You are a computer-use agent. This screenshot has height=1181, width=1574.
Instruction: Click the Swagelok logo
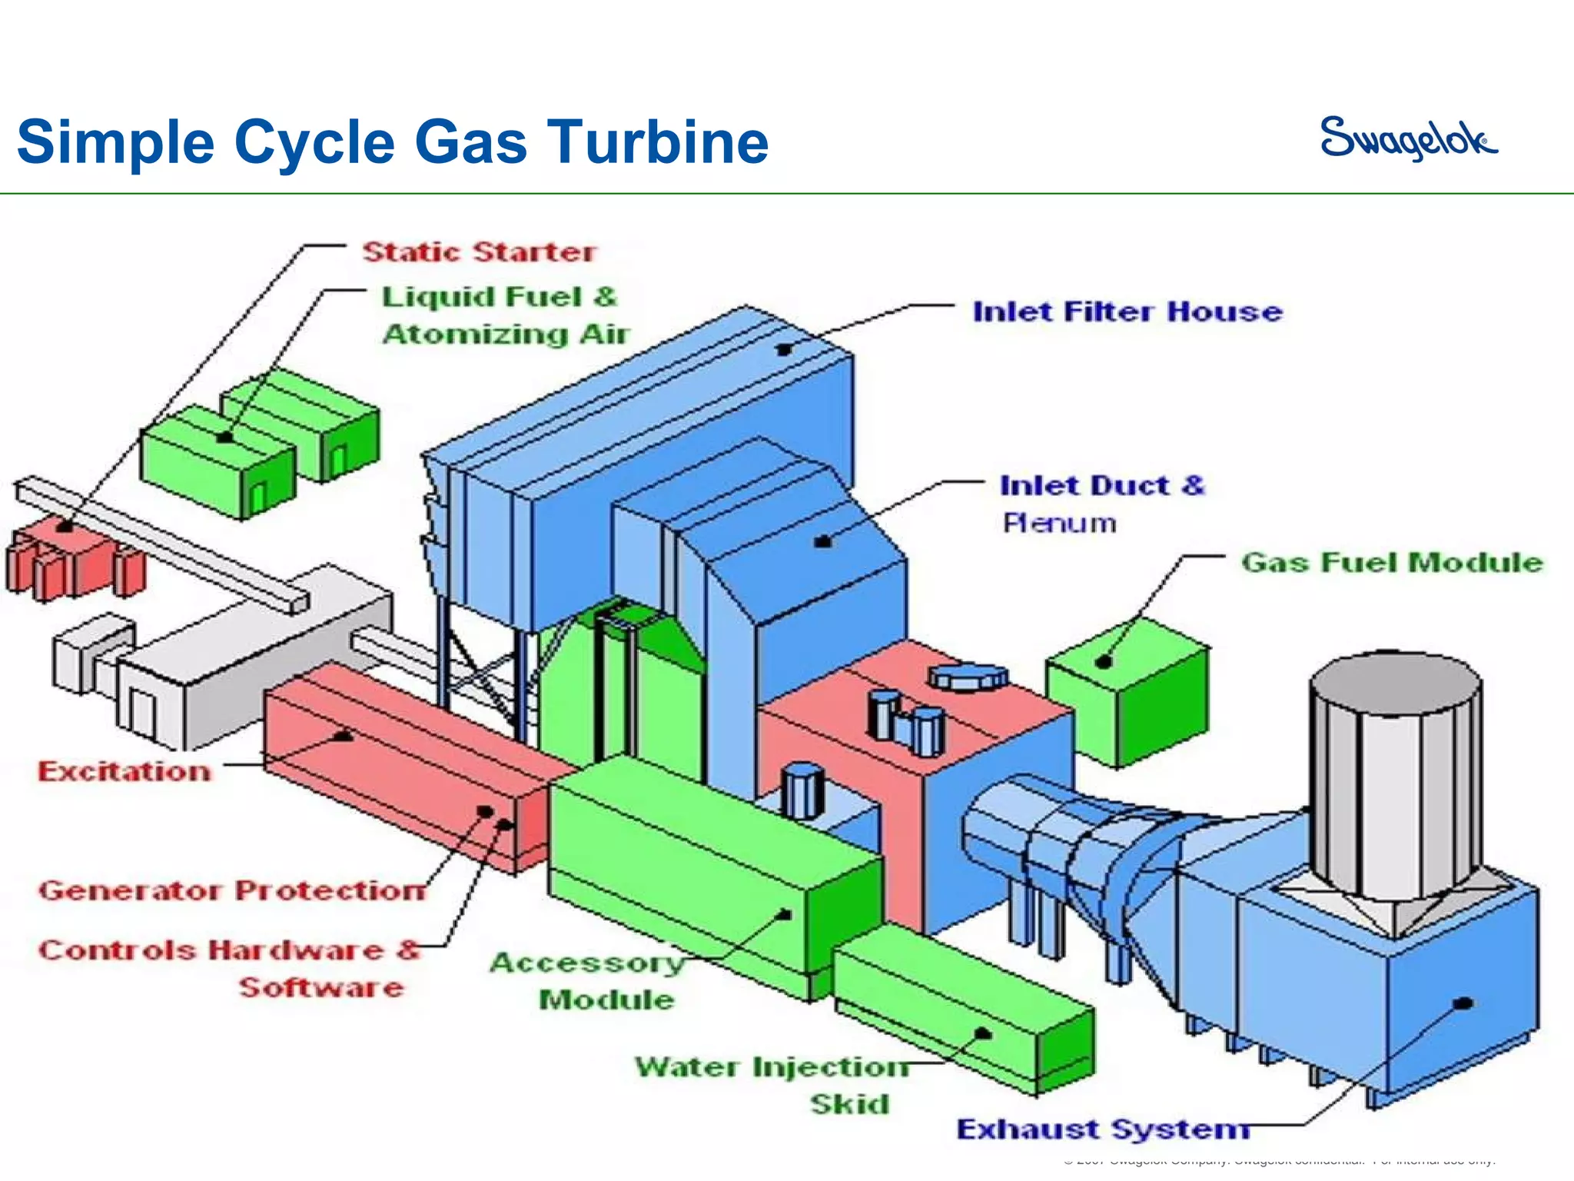click(x=1409, y=138)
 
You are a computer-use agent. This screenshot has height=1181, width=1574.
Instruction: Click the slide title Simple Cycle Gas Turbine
click(x=393, y=142)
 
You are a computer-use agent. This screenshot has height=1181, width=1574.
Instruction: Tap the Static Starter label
click(x=479, y=252)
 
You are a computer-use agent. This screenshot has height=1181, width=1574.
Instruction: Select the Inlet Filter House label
click(x=1127, y=312)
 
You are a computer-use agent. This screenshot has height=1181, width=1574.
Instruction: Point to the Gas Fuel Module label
click(x=1392, y=563)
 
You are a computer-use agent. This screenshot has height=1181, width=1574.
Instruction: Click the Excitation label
click(x=125, y=772)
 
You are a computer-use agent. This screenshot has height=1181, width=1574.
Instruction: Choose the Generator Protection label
click(x=231, y=891)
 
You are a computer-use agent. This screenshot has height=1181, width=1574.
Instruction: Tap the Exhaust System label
click(x=1102, y=1129)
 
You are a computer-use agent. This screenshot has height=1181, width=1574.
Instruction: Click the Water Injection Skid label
click(x=772, y=1085)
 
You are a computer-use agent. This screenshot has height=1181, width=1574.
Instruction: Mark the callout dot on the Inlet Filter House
click(x=784, y=350)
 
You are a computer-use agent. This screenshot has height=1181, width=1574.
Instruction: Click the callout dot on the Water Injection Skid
click(x=983, y=1034)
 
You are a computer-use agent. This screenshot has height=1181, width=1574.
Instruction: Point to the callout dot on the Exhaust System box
click(x=1465, y=1003)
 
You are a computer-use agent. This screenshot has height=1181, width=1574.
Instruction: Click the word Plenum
click(x=1059, y=524)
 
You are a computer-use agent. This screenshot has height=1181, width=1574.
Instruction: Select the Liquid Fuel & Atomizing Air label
click(x=505, y=316)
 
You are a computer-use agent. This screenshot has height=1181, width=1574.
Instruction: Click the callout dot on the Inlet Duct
click(x=823, y=542)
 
